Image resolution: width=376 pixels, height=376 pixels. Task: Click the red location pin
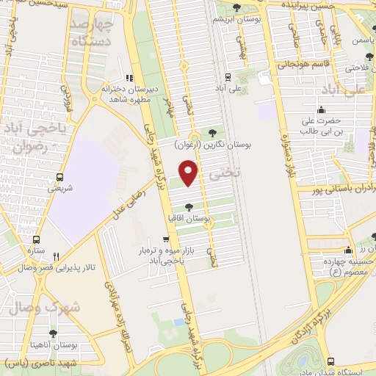click(189, 173)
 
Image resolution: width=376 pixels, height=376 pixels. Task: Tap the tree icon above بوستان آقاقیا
click(190, 208)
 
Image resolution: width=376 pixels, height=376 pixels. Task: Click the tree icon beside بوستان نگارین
click(212, 133)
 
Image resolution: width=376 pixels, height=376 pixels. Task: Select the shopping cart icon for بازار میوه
click(167, 239)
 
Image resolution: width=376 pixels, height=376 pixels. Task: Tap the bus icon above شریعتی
click(59, 177)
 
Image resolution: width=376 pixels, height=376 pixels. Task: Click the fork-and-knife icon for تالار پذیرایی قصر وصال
click(56, 256)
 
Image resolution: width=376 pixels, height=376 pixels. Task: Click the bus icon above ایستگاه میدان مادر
click(331, 361)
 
